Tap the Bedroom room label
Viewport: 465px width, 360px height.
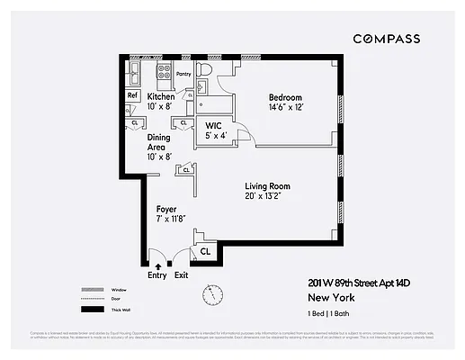point(285,97)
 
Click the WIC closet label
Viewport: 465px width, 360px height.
point(214,125)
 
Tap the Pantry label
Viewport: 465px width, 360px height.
point(184,75)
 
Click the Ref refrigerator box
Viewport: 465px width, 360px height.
point(131,95)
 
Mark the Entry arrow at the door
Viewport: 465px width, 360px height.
point(158,265)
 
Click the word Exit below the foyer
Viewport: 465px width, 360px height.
point(182,275)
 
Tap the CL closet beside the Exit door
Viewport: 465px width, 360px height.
point(204,252)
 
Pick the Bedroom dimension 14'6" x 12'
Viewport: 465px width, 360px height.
point(285,108)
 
